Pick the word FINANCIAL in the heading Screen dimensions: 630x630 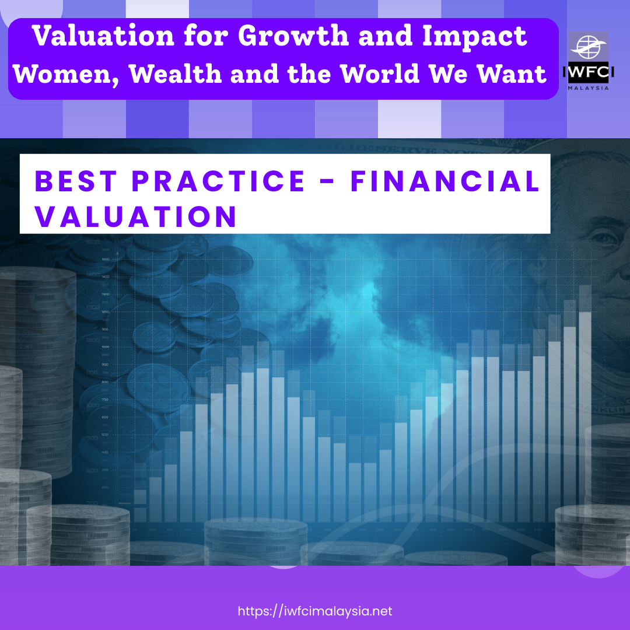(x=444, y=181)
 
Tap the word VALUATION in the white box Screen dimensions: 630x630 (x=135, y=216)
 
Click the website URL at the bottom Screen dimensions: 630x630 (x=315, y=611)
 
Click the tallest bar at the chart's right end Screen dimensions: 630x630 (x=584, y=408)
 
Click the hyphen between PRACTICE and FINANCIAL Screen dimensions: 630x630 (x=327, y=182)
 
